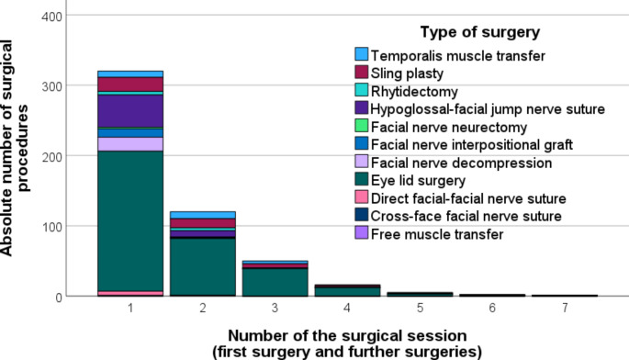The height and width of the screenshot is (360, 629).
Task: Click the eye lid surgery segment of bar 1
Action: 130,221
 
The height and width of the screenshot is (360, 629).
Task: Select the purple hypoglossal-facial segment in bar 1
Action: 130,111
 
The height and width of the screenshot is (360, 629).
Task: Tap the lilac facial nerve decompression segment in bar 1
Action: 130,144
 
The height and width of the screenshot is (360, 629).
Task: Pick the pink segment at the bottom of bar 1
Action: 130,294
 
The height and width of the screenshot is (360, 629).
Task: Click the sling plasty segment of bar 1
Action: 130,84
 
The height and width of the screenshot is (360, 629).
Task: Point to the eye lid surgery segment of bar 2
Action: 203,267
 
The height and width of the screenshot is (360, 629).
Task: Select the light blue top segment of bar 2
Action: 203,215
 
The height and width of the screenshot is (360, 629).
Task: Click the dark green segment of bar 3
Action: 275,282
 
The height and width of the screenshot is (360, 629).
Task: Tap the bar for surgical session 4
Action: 347,290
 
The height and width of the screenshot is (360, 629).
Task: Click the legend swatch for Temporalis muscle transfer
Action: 362,54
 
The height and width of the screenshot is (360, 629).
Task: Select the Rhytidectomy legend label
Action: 414,92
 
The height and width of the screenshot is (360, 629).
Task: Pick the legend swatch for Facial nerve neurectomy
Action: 362,126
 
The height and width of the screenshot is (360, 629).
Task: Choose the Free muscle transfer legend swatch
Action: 362,232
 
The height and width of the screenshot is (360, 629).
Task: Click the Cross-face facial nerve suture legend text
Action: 466,216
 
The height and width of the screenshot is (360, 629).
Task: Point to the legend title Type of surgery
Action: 479,32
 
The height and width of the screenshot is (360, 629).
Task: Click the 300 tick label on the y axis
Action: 52,86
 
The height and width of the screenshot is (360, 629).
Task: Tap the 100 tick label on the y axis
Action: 52,227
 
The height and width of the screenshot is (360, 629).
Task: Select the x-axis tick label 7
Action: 565,308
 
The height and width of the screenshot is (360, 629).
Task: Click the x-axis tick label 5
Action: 420,308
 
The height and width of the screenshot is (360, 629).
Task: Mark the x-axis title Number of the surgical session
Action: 347,335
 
